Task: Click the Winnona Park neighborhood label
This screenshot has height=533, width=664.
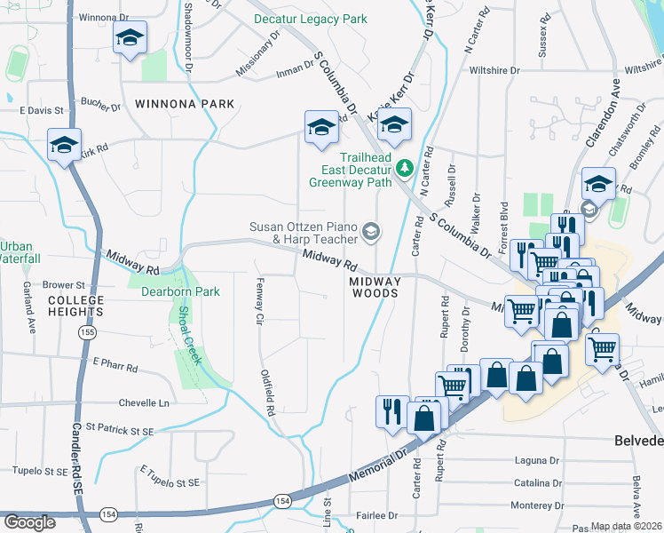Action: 185,104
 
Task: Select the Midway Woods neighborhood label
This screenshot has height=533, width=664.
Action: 375,287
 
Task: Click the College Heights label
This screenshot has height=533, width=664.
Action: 76,306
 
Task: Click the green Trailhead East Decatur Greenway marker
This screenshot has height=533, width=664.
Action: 404,167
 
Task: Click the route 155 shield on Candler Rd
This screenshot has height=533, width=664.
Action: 86,332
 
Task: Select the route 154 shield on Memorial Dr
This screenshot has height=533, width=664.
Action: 281,501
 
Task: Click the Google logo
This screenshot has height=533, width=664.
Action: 29,522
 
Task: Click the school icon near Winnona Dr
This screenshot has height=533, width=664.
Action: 130,38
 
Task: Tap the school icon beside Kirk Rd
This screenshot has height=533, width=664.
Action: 64,146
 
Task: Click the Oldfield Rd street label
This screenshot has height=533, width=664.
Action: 267,394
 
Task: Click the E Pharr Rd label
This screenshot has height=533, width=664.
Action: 115,364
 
